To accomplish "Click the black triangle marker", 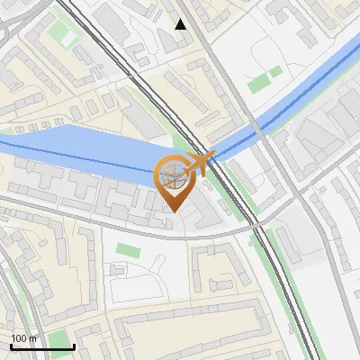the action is [181, 24].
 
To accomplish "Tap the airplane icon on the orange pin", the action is [202, 164].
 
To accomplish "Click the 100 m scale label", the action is [24, 337].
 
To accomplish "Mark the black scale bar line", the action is [41, 346].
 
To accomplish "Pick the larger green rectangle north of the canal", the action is [258, 84].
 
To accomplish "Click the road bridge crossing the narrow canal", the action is [257, 129].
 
